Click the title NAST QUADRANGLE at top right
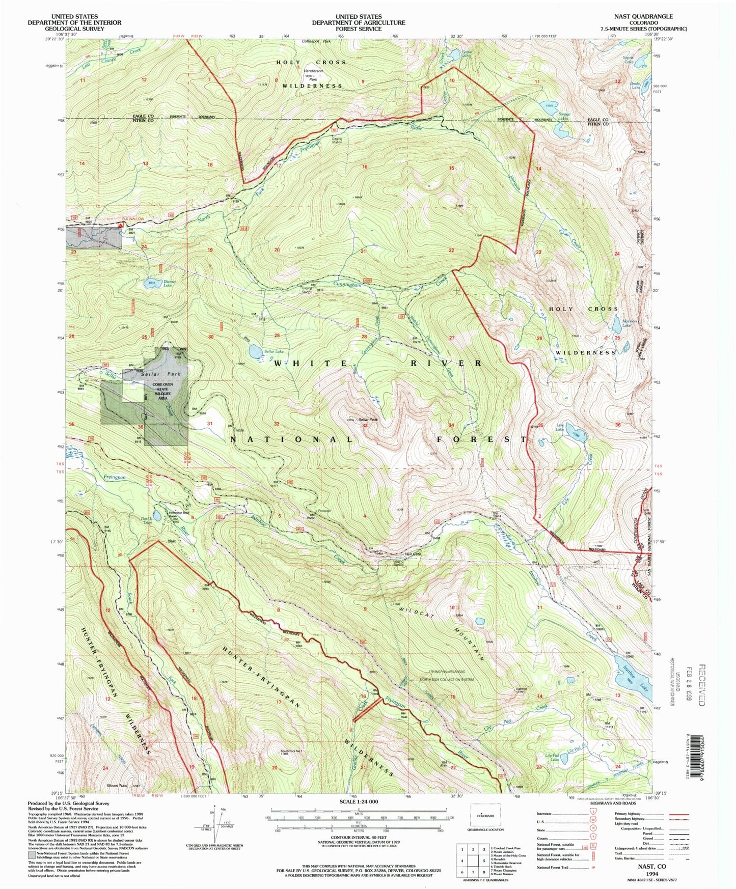coord(643,17)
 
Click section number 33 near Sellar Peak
coord(365,425)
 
